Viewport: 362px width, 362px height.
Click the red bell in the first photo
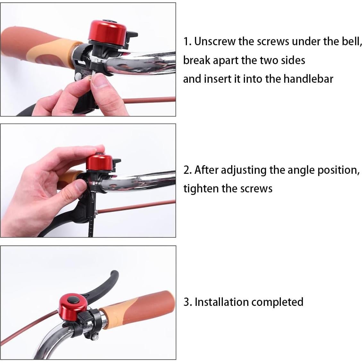(x=108, y=32)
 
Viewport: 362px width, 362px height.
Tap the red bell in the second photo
(x=99, y=162)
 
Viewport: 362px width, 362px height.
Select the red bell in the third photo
(x=71, y=306)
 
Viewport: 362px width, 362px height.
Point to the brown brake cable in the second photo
(x=136, y=206)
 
